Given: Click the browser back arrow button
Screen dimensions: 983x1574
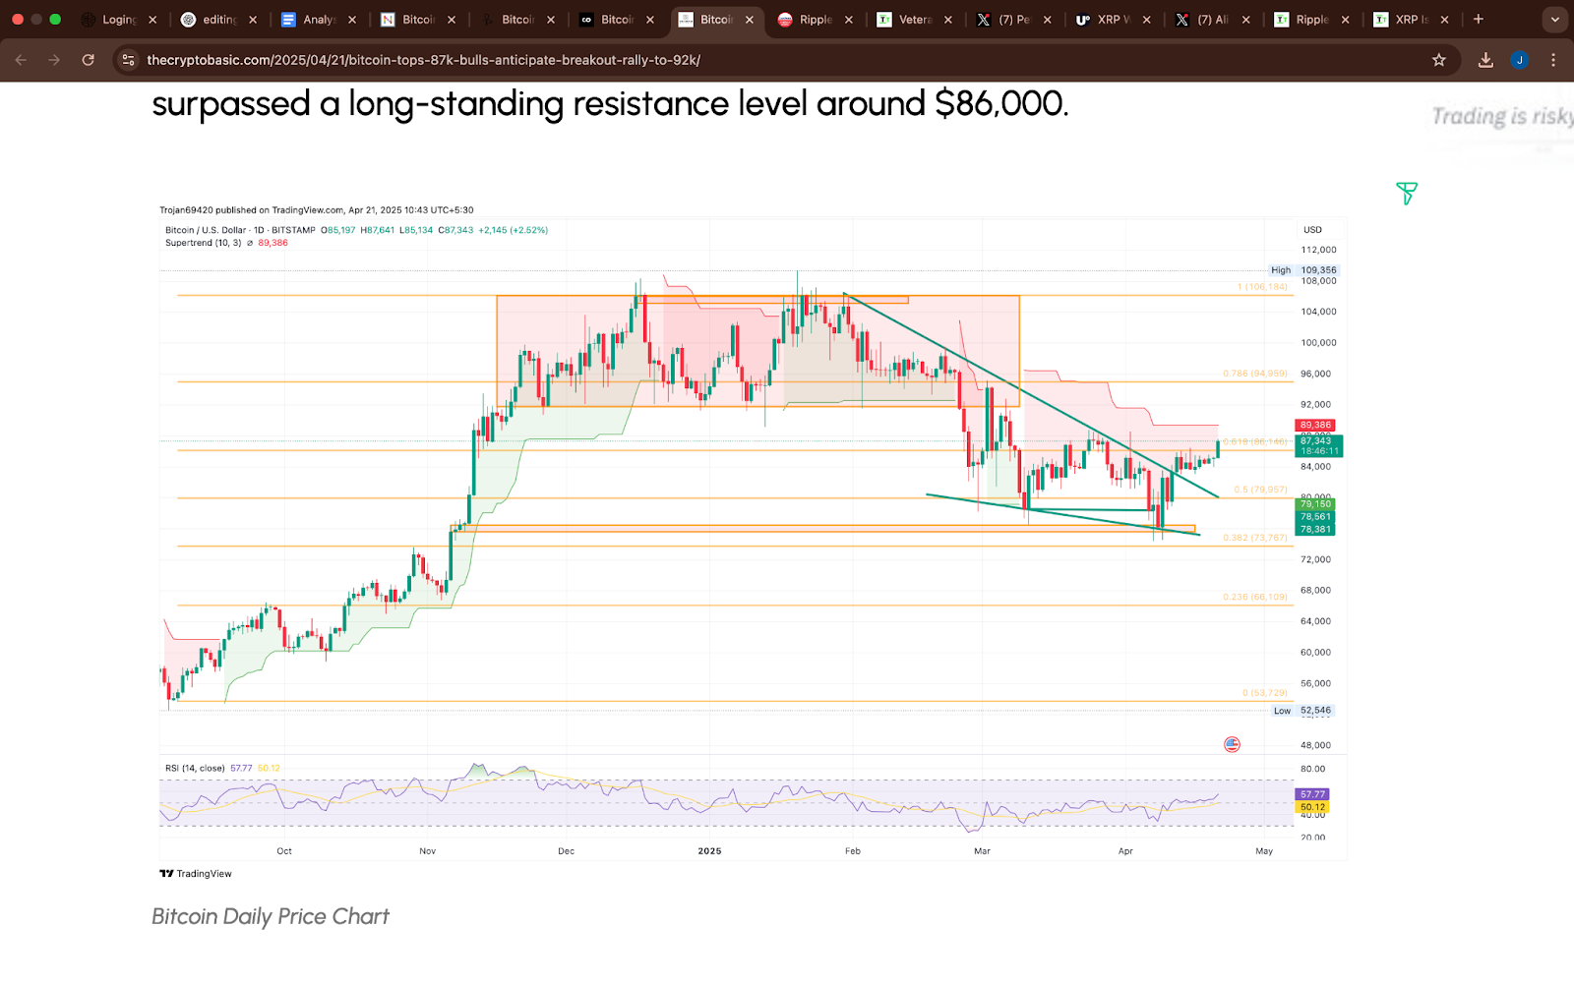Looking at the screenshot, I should [21, 60].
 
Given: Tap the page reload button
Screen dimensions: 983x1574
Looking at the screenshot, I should [89, 60].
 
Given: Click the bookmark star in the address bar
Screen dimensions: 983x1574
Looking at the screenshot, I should [1439, 60].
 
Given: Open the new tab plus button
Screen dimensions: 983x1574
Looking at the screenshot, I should [1478, 20].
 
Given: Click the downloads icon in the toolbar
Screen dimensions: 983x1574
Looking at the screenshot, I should [1485, 60].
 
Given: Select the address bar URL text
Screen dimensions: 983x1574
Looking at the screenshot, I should [423, 60].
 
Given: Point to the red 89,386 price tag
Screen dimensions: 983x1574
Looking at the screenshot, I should [1315, 426].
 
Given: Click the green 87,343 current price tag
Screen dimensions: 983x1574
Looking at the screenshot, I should [1316, 441].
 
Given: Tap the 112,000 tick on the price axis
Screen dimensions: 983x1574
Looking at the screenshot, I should [1318, 250].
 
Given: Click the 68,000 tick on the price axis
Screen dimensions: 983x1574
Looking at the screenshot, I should [1315, 591].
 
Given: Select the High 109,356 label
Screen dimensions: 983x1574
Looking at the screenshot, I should [1303, 270].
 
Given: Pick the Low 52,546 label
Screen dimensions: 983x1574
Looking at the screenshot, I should [1302, 711].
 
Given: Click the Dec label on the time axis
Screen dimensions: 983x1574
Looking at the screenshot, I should [566, 851].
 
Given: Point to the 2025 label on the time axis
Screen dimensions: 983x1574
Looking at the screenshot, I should [709, 851].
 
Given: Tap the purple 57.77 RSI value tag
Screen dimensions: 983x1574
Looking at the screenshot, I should [1312, 794].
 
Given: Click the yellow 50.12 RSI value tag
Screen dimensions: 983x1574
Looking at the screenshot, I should [1312, 807].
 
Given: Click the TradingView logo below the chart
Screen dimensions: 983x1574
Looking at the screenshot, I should [197, 874].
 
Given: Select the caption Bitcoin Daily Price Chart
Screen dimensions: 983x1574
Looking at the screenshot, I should [271, 917].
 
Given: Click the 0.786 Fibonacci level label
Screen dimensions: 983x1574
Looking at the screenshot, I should [1254, 374].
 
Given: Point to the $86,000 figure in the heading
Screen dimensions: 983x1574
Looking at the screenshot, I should [1000, 104].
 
